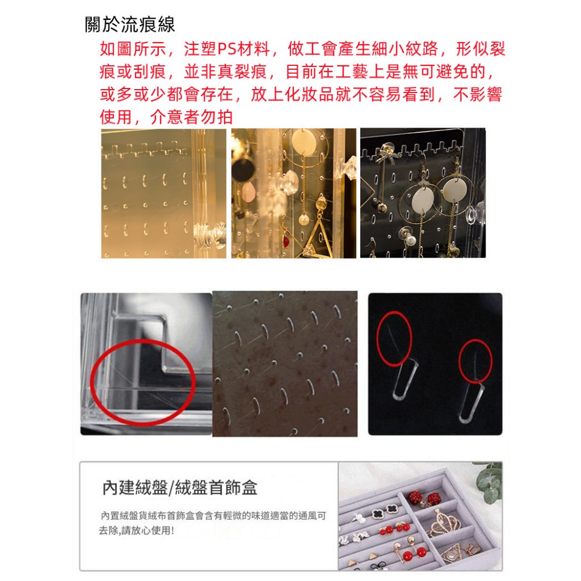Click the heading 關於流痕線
click(x=130, y=25)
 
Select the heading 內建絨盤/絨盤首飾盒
click(x=180, y=487)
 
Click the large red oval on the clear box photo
click(x=142, y=382)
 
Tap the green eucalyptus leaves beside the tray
click(x=490, y=481)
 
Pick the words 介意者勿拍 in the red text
click(x=191, y=117)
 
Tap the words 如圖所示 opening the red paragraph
click(x=133, y=49)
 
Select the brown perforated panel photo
click(x=285, y=364)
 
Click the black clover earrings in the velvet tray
click(x=384, y=512)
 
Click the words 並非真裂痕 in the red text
click(x=225, y=72)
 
